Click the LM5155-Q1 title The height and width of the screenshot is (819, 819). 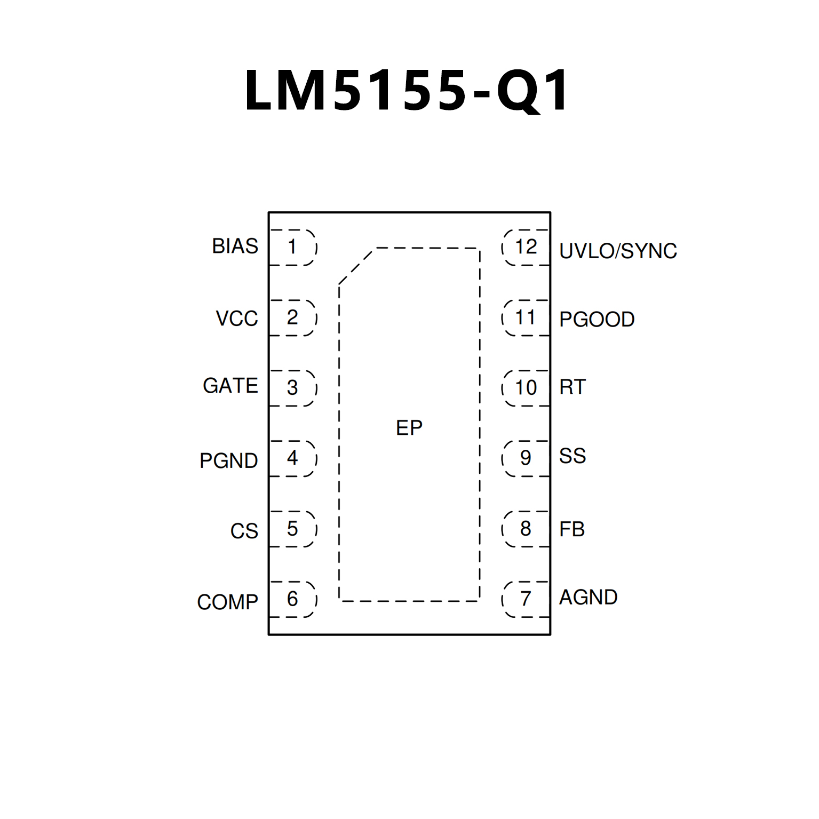click(x=408, y=91)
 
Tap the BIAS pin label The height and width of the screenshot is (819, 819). click(x=235, y=247)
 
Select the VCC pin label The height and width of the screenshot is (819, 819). click(x=237, y=319)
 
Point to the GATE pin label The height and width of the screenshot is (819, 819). click(x=230, y=386)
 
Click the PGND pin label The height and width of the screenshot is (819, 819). click(x=229, y=460)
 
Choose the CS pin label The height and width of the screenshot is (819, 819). click(x=244, y=531)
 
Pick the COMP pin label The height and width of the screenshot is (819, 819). click(x=228, y=602)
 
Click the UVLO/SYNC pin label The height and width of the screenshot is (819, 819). click(x=618, y=251)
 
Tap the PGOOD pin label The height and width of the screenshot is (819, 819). click(x=597, y=319)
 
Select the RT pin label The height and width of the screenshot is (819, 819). click(x=572, y=387)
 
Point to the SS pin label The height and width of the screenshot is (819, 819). click(x=572, y=456)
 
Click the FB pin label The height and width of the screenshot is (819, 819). click(x=572, y=529)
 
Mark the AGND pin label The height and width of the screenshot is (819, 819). click(x=588, y=597)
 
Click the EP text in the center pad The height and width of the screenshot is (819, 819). click(x=409, y=428)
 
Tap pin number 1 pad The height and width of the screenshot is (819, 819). click(x=292, y=247)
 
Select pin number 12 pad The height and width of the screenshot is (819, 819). click(x=526, y=247)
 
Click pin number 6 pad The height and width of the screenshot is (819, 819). click(x=292, y=599)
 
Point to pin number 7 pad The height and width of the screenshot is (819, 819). click(x=526, y=599)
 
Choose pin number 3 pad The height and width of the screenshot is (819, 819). click(x=292, y=388)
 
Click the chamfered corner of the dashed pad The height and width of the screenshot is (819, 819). click(x=356, y=266)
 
